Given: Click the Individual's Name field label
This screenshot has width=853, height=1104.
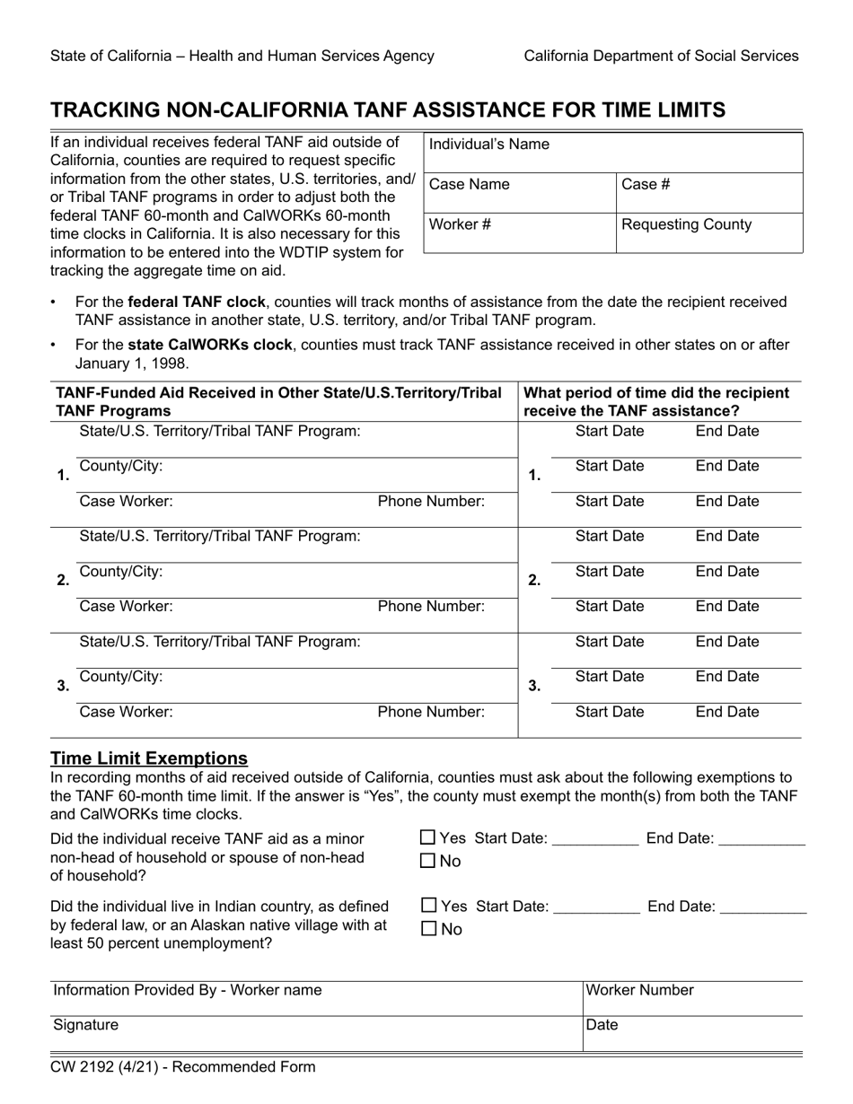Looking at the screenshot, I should coord(489,145).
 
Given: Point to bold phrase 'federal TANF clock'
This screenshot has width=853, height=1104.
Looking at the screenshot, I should coord(197,302).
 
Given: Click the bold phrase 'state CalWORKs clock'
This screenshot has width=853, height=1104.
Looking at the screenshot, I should coord(210,345).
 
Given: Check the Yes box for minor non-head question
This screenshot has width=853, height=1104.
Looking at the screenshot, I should coord(428,838).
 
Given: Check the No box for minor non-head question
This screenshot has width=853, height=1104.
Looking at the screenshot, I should coord(428,862).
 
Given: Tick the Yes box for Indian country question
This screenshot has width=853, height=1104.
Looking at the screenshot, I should coord(428,906).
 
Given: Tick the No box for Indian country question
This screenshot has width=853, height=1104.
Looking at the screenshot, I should coord(428,929).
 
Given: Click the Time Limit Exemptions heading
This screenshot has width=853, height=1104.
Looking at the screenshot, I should coord(149,758).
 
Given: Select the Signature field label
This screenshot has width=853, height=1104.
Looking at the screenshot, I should coord(85,1025).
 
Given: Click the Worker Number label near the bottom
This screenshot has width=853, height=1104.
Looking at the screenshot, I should coord(640,990).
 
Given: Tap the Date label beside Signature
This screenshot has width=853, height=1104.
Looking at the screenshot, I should coord(602,1025).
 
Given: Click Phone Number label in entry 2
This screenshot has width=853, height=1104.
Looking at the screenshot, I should coord(431,607).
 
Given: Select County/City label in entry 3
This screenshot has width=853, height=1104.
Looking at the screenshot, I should coord(121,677).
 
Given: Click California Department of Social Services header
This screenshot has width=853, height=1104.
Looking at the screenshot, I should coord(661,56).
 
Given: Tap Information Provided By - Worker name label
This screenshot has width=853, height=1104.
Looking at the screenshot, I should coord(188,990).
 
